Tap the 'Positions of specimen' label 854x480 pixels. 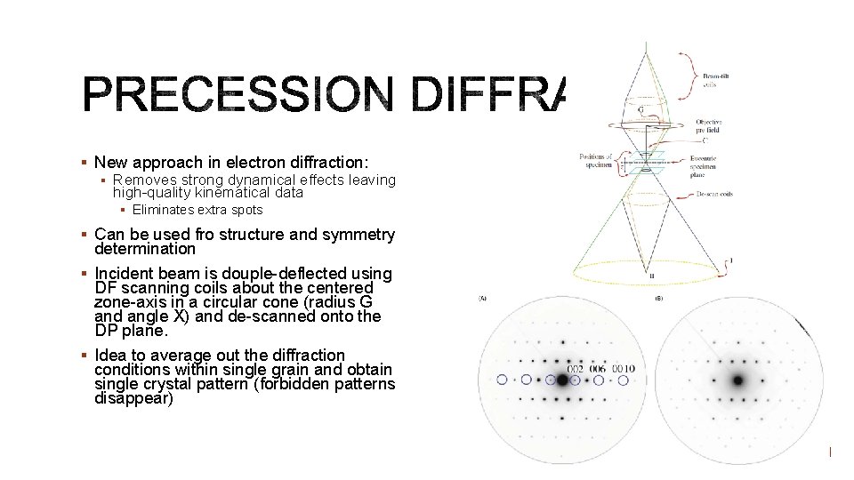[x=596, y=161]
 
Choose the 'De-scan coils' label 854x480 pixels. [x=713, y=193]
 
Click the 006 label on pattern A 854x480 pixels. [x=596, y=369]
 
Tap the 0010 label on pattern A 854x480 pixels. [x=622, y=369]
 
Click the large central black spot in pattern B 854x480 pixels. [x=737, y=380]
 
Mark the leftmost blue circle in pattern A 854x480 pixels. [x=503, y=380]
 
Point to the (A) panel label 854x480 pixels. [x=481, y=299]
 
